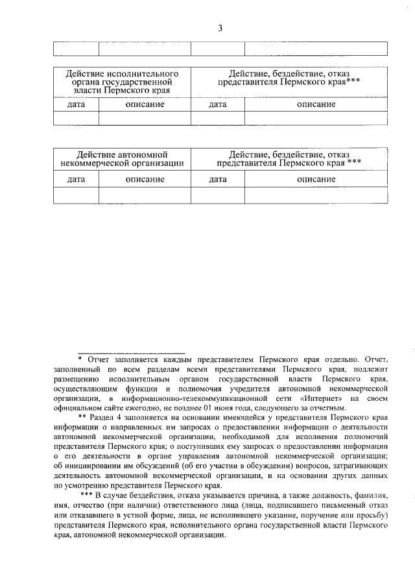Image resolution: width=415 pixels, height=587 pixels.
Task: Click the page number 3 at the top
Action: coord(220,28)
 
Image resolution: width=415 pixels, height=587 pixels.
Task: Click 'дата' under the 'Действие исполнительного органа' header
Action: coord(76,104)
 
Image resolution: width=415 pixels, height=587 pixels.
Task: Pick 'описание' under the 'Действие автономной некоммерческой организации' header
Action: coord(145,180)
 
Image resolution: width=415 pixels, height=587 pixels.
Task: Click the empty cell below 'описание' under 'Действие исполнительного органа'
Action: coord(145,118)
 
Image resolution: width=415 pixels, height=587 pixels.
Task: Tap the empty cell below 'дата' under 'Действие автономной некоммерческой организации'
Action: coord(76,195)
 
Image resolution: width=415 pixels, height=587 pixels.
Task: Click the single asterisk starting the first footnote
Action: coord(80,358)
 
